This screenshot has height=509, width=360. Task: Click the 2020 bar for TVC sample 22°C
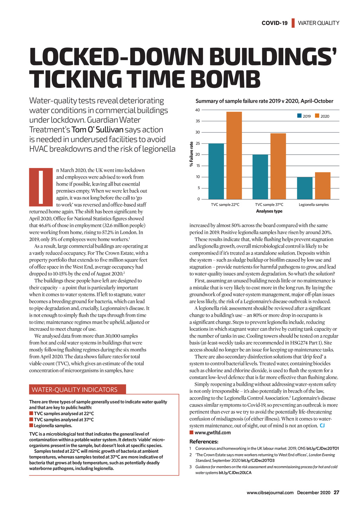click(x=234, y=155)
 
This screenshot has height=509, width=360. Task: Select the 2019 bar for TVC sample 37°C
click(x=260, y=177)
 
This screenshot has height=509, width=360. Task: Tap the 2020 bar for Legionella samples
click(x=322, y=186)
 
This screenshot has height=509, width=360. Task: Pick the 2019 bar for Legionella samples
click(x=305, y=188)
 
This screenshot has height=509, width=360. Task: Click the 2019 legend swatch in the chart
click(x=299, y=116)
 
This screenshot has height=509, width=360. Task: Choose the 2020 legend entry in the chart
click(x=322, y=116)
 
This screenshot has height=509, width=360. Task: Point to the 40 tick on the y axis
click(x=198, y=110)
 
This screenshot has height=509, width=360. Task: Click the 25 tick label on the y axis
click(x=198, y=143)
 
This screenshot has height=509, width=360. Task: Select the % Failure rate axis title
click(x=192, y=154)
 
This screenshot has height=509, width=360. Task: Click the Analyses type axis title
click(x=269, y=211)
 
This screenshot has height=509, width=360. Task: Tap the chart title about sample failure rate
click(x=264, y=101)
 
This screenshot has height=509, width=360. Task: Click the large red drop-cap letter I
click(x=40, y=187)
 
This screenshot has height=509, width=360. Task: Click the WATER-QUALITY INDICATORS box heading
click(x=75, y=389)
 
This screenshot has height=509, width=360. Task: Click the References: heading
click(x=204, y=442)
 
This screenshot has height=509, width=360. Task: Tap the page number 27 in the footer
click(x=336, y=492)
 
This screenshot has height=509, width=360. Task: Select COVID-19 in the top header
click(x=274, y=23)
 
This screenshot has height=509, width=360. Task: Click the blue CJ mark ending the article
click(x=322, y=426)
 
